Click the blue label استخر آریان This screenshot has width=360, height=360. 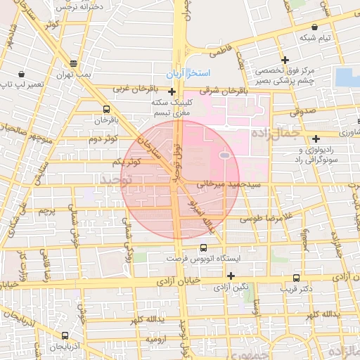(186, 74)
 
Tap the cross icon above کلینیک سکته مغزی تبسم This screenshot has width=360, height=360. (172, 91)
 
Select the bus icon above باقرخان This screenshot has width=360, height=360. (105, 109)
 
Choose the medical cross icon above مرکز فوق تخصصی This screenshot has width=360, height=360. (285, 60)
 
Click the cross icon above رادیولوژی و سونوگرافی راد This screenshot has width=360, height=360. (316, 139)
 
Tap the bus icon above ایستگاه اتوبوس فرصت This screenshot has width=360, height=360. (203, 247)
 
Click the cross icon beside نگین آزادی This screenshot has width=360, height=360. (231, 275)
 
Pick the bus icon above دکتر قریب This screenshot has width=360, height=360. (296, 278)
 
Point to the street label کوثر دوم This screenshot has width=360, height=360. (103, 139)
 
